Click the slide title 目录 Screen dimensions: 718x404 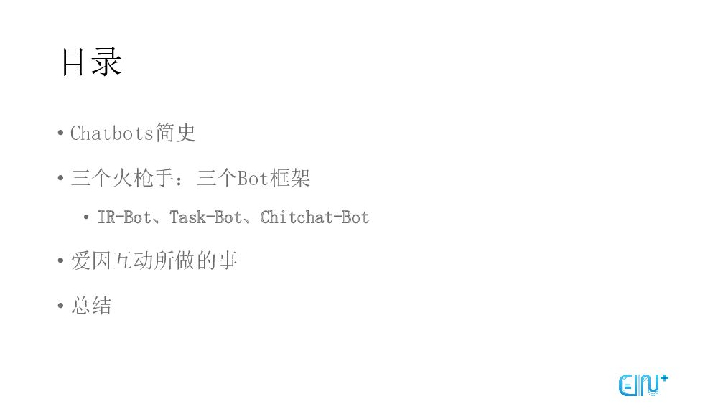(91, 62)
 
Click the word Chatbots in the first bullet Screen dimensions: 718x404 (112, 133)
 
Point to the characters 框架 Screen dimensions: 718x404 (290, 178)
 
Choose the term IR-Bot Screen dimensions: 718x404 (124, 217)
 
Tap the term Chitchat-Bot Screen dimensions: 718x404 (314, 217)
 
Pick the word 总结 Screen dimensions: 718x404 (91, 306)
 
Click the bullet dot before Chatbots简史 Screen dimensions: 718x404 (61, 134)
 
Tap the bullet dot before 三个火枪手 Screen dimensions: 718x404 (61, 179)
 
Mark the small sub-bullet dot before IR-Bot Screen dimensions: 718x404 (87, 217)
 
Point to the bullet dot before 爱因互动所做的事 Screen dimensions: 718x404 (61, 261)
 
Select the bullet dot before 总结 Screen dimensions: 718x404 (61, 306)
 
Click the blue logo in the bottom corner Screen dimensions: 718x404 (642, 385)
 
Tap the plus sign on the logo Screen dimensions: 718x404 (663, 377)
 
